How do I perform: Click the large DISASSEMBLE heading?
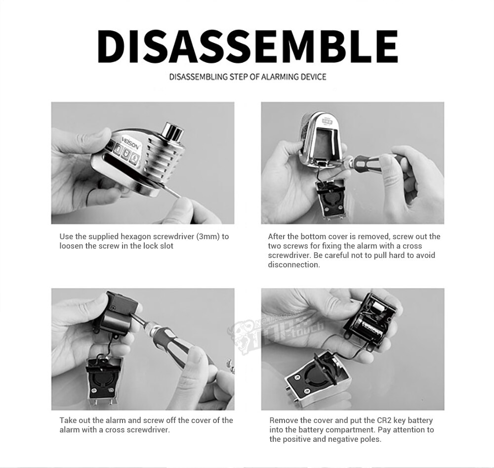click(247, 46)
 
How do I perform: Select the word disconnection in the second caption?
click(293, 265)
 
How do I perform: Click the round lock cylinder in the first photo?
click(173, 132)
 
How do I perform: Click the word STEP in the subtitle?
click(240, 77)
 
